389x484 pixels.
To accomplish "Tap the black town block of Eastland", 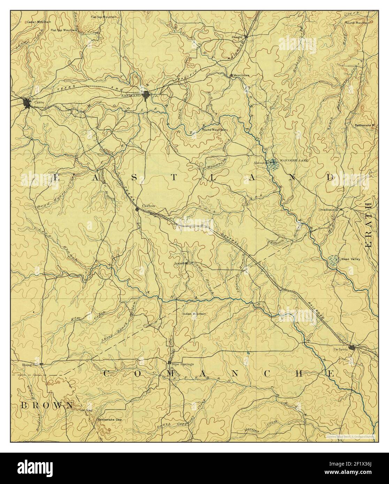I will point(146,95).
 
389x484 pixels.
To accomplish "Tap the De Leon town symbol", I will point(353,348).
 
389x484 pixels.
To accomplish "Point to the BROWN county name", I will point(47,405).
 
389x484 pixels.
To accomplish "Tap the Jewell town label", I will point(179,264).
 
